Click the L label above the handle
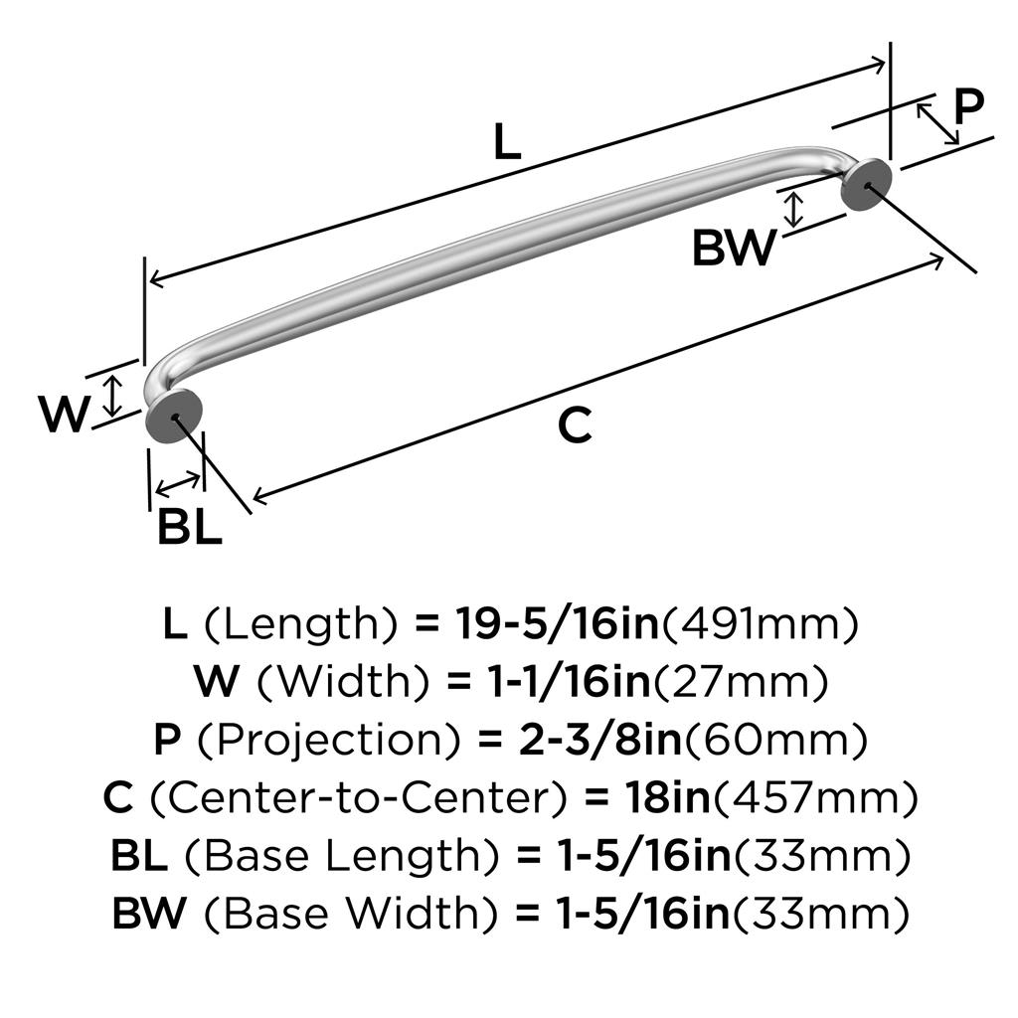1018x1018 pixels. [507, 141]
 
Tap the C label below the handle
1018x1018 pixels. [575, 424]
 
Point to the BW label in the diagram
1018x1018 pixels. [735, 248]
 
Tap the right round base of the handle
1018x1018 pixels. [866, 185]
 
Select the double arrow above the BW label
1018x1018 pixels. [793, 210]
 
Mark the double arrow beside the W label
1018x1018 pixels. [113, 396]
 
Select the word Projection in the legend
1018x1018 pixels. [328, 740]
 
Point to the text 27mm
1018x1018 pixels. [740, 682]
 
